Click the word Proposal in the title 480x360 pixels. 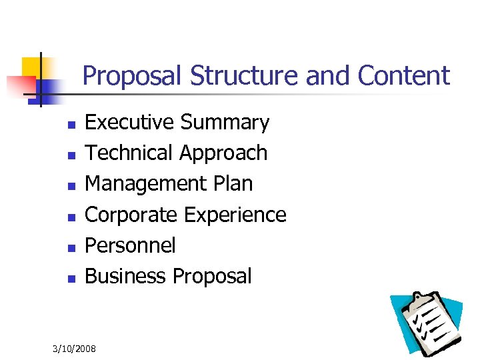[x=133, y=77]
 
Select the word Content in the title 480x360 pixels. [x=404, y=75]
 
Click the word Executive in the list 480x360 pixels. [x=130, y=123]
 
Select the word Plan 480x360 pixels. [x=233, y=184]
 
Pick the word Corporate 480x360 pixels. [x=132, y=215]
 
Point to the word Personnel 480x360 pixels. [x=131, y=245]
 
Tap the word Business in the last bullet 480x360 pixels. [x=126, y=276]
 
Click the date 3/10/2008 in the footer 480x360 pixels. [x=74, y=349]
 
